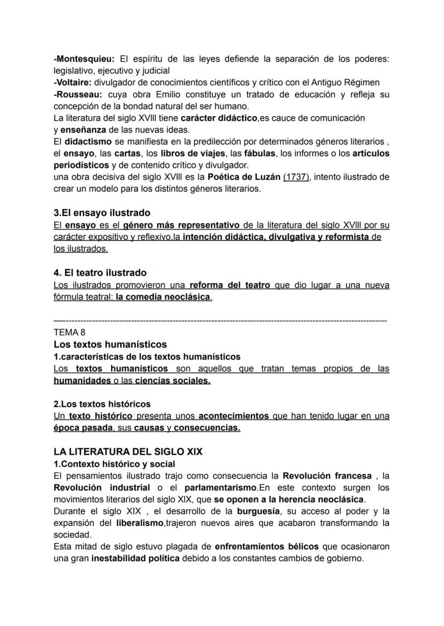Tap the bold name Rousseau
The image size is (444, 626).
[x=76, y=94]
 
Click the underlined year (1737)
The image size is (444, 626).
[x=296, y=177]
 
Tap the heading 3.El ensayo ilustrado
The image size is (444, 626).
[x=102, y=213]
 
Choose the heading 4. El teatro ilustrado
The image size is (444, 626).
[x=100, y=273]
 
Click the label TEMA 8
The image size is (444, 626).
[x=69, y=332]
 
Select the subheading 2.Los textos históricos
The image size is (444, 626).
[x=102, y=403]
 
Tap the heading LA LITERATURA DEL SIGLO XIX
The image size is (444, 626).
[x=128, y=451]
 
